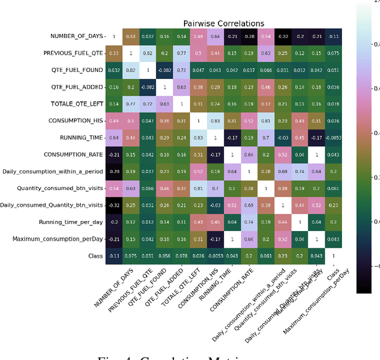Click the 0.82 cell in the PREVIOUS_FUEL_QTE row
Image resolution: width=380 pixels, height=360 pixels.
pyautogui.click(x=147, y=53)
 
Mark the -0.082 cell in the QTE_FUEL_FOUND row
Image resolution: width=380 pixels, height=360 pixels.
pyautogui.click(x=164, y=70)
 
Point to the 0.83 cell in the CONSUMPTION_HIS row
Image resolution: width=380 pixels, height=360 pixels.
pyautogui.click(x=216, y=121)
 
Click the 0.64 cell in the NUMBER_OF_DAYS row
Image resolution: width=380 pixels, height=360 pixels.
pyautogui.click(x=216, y=36)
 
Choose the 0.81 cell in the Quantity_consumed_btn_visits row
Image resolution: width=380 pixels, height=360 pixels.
pyautogui.click(x=198, y=188)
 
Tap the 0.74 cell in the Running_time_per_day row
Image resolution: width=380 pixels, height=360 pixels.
pyautogui.click(x=249, y=222)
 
